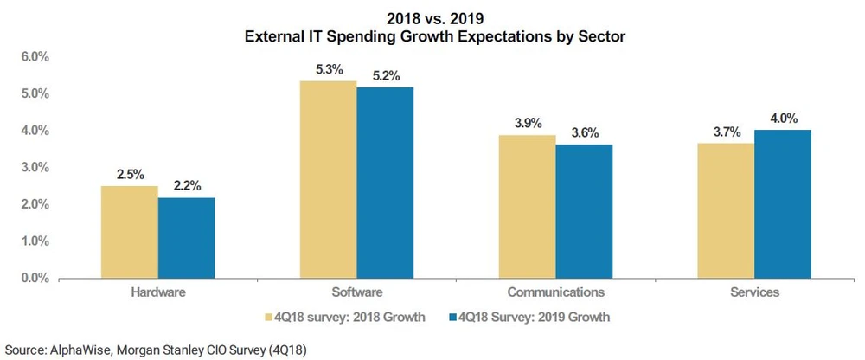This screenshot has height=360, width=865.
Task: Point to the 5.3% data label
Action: (x=328, y=70)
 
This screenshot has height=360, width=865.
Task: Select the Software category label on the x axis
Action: (x=356, y=292)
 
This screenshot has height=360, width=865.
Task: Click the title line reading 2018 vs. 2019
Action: (x=432, y=17)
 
